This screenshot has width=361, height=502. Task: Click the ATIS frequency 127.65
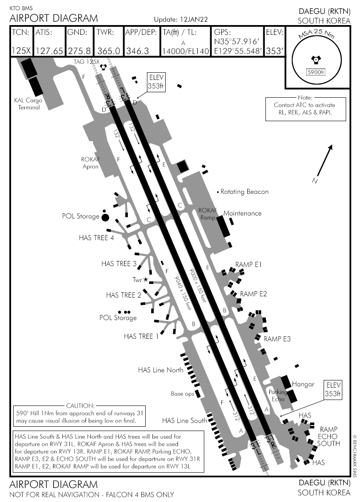[50, 51]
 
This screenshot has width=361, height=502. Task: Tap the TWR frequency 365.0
[108, 51]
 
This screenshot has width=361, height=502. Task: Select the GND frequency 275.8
[79, 51]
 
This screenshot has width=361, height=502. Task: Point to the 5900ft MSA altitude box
[315, 72]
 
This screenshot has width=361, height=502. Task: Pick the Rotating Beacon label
[245, 192]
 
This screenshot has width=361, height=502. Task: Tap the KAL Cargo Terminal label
[26, 104]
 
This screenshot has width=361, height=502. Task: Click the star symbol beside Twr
[146, 280]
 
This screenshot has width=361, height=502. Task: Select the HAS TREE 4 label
[96, 238]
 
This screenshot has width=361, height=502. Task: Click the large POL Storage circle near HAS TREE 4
[105, 217]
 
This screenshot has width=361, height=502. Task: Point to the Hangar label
[303, 384]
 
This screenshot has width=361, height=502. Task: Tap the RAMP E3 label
[278, 339]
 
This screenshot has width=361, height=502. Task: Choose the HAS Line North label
[161, 370]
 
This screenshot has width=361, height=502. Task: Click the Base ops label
[182, 394]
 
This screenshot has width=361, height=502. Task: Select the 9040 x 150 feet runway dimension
[183, 293]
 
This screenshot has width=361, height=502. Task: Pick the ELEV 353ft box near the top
[156, 81]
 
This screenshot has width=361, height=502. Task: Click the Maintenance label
[243, 213]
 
